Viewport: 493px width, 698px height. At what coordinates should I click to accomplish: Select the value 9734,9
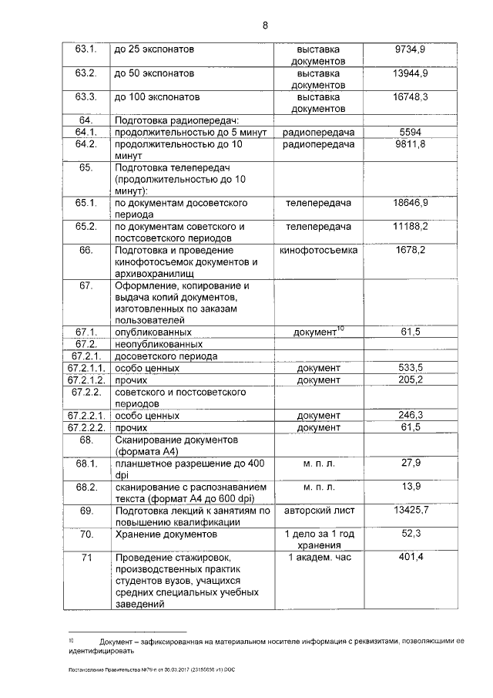(x=411, y=49)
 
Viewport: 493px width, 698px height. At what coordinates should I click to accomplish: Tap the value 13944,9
(x=411, y=73)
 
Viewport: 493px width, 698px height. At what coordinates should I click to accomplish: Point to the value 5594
(x=411, y=133)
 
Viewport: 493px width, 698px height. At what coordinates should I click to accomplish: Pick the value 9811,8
(x=411, y=144)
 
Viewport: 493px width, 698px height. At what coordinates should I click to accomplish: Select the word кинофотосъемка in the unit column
(x=318, y=251)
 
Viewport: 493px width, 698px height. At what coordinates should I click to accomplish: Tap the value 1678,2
(x=411, y=251)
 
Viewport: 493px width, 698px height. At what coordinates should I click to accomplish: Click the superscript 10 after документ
(x=340, y=329)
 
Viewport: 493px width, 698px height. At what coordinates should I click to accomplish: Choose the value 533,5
(x=411, y=368)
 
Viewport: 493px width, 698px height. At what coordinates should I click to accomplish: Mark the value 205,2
(x=411, y=379)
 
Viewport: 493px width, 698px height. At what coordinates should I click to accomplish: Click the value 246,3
(x=411, y=415)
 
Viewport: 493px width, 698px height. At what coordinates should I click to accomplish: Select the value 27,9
(x=411, y=463)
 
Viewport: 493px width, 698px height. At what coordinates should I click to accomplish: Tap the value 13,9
(x=411, y=487)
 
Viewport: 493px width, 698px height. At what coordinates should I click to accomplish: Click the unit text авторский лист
(x=318, y=511)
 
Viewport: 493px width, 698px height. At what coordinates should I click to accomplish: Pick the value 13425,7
(x=411, y=511)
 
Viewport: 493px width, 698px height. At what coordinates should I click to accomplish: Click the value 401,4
(x=411, y=557)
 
